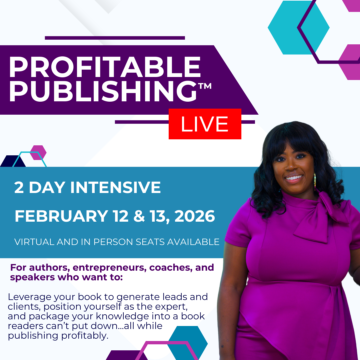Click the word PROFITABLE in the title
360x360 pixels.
tap(105, 67)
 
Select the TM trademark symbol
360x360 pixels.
tap(205, 86)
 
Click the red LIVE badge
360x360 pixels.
tap(205, 124)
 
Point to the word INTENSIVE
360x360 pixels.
tap(115, 187)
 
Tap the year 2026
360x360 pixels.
tap(195, 216)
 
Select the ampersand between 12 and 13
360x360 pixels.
tap(139, 216)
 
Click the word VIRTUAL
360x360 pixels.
tap(34, 242)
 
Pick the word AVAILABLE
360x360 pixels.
tap(193, 242)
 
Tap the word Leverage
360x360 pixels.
tap(29, 297)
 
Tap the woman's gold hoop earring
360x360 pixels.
tap(315, 181)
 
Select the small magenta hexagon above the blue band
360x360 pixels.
tap(38, 152)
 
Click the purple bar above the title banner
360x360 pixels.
tap(115, 38)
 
